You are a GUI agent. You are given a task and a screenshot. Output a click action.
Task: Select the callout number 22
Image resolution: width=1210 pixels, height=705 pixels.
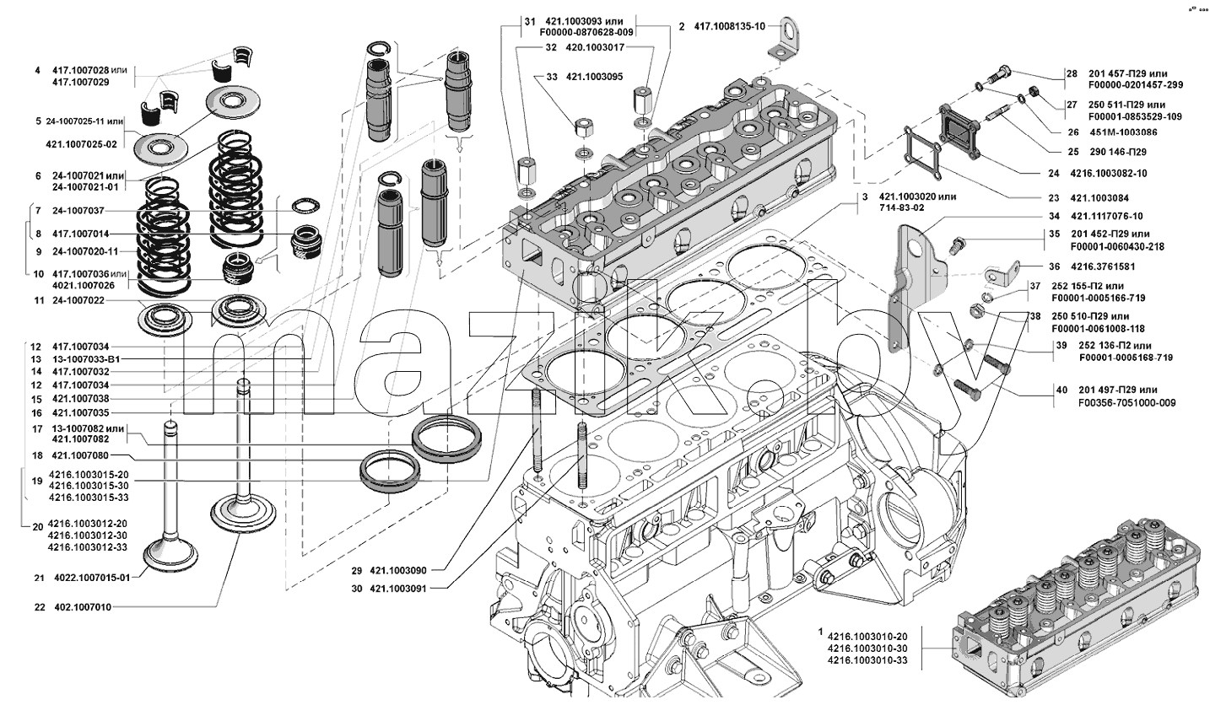(40, 607)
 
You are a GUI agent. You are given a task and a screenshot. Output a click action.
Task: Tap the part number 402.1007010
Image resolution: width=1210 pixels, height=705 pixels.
(83, 607)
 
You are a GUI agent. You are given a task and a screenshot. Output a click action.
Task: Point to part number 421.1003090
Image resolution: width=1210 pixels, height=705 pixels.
(398, 571)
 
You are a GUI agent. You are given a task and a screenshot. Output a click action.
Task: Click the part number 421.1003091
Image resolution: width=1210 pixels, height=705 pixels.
(398, 589)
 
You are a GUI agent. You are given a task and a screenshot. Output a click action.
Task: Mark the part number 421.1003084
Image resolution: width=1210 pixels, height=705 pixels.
(1099, 198)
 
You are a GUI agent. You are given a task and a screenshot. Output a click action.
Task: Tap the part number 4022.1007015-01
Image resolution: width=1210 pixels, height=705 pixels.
(92, 578)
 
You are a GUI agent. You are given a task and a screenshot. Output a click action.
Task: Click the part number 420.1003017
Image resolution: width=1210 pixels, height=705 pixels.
(595, 47)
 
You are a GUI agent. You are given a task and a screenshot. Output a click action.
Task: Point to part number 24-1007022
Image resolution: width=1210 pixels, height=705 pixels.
(78, 300)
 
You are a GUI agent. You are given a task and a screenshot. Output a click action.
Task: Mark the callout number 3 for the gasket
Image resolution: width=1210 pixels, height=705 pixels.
(865, 197)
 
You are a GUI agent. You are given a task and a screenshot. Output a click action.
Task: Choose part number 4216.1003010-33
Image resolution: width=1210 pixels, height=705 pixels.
(867, 661)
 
